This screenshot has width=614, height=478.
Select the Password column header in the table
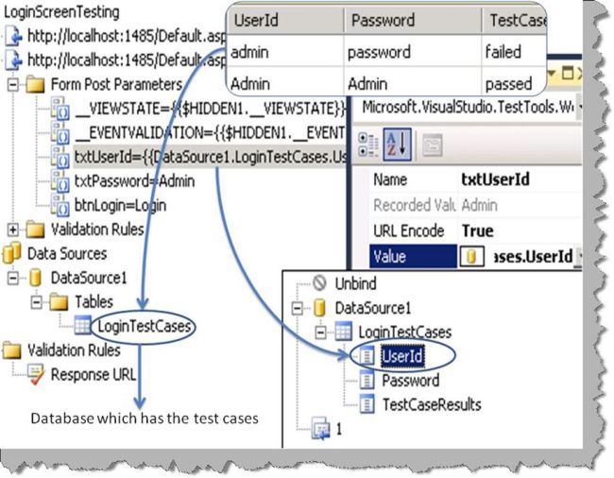tap(380, 20)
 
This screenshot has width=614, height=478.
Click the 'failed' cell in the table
tap(502, 52)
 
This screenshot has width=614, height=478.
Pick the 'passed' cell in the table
tap(507, 83)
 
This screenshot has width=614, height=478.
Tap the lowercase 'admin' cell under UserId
tap(250, 52)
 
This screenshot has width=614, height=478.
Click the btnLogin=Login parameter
tap(116, 204)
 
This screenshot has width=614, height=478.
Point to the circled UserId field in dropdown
tap(401, 355)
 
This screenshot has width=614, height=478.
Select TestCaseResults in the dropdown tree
tap(431, 404)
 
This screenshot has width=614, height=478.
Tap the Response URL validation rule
tap(94, 374)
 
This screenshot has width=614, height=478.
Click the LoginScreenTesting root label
tap(62, 12)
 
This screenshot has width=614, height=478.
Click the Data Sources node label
tap(66, 253)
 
